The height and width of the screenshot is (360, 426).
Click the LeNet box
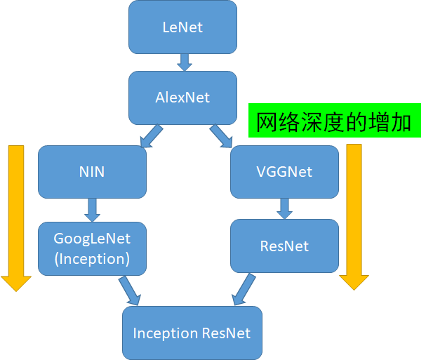(182, 27)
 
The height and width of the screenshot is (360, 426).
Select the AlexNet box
(182, 98)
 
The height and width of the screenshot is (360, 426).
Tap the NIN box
(92, 171)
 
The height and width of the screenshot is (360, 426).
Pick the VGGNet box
(284, 171)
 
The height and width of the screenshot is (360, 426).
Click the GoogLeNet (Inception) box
(92, 248)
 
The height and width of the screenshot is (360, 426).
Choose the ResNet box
(284, 246)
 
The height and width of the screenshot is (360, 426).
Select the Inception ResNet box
(192, 333)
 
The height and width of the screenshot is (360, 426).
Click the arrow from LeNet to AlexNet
(184, 62)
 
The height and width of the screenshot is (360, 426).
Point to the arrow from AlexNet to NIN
(152, 136)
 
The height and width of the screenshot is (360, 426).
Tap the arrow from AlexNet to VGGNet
(221, 136)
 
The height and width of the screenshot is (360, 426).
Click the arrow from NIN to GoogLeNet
(92, 209)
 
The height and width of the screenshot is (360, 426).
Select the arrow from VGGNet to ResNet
(284, 208)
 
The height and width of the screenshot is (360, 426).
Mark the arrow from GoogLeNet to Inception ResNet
(130, 291)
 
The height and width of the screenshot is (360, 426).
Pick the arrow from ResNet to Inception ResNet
(243, 288)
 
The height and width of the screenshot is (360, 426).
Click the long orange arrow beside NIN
(16, 218)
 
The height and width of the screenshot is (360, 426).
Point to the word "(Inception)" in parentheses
(92, 258)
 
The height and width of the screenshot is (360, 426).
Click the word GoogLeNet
(92, 239)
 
